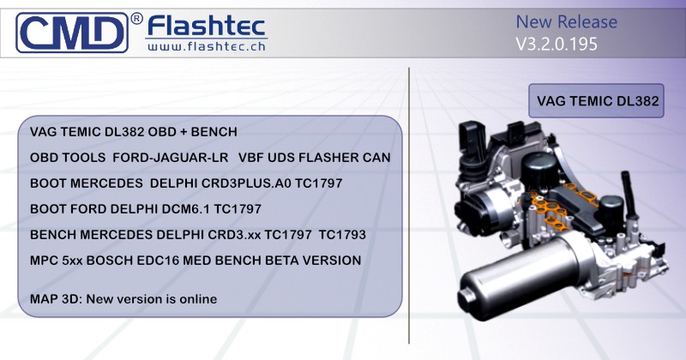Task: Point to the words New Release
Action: pyautogui.click(x=566, y=21)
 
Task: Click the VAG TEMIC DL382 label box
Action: pyautogui.click(x=597, y=101)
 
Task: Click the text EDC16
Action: pyautogui.click(x=156, y=260)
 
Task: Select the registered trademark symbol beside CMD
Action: pyautogui.click(x=136, y=18)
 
